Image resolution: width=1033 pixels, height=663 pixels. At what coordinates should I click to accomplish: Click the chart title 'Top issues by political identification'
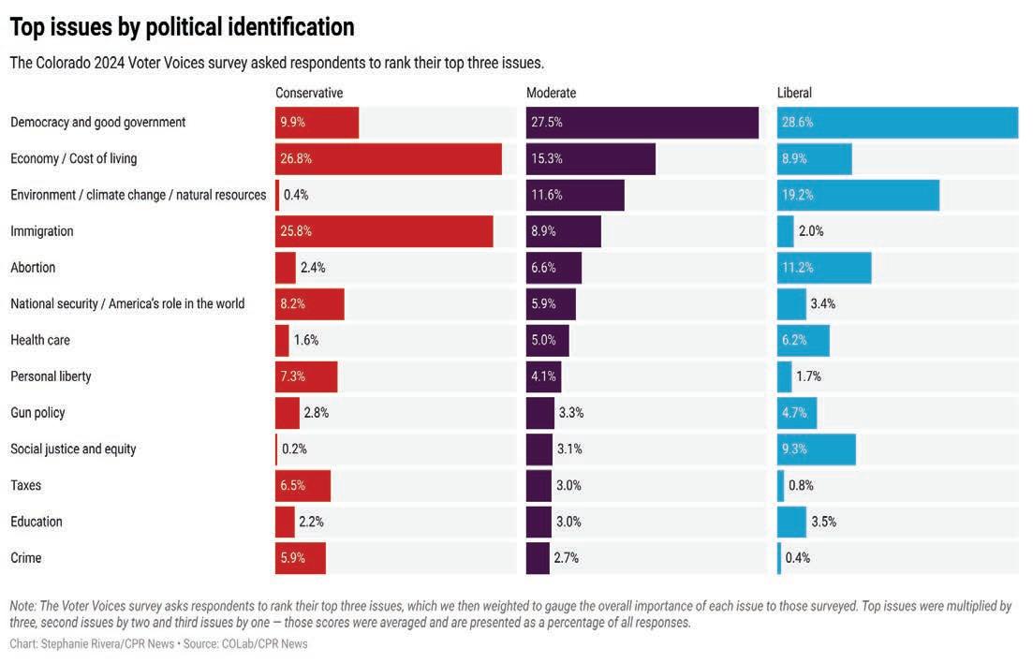[x=182, y=27]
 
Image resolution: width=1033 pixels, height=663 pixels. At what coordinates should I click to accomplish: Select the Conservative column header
[x=309, y=93]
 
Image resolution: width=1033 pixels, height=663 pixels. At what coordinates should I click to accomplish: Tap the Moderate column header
[x=551, y=93]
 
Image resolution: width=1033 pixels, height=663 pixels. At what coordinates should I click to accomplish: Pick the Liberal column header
[x=794, y=93]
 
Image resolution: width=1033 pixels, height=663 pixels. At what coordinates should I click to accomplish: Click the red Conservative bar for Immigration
[x=384, y=231]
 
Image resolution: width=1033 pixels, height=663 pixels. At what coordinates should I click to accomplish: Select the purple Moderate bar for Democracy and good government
[x=642, y=123]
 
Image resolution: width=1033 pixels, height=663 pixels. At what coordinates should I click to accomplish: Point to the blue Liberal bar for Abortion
[x=824, y=268]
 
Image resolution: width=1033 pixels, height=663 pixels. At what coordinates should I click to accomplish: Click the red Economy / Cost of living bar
[x=389, y=159]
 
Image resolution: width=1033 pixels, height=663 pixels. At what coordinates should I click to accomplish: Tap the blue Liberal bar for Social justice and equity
[x=816, y=449]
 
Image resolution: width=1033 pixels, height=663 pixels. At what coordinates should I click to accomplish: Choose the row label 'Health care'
[x=40, y=340]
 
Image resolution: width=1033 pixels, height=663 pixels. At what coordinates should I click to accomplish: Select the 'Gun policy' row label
[x=37, y=413]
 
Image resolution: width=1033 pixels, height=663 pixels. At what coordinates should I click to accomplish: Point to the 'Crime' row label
[x=26, y=558]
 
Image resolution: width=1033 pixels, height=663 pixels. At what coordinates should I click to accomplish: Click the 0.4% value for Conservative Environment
[x=296, y=195]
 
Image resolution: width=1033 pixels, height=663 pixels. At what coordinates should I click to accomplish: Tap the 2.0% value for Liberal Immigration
[x=811, y=231]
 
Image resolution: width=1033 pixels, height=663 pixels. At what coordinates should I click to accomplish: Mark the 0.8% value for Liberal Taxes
[x=801, y=485]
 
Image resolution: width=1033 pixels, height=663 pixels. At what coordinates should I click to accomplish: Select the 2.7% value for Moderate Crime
[x=566, y=558]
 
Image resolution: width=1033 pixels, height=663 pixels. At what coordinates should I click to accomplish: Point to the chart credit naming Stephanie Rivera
[x=89, y=644]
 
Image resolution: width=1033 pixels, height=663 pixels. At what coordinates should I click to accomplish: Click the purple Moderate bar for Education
[x=539, y=522]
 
